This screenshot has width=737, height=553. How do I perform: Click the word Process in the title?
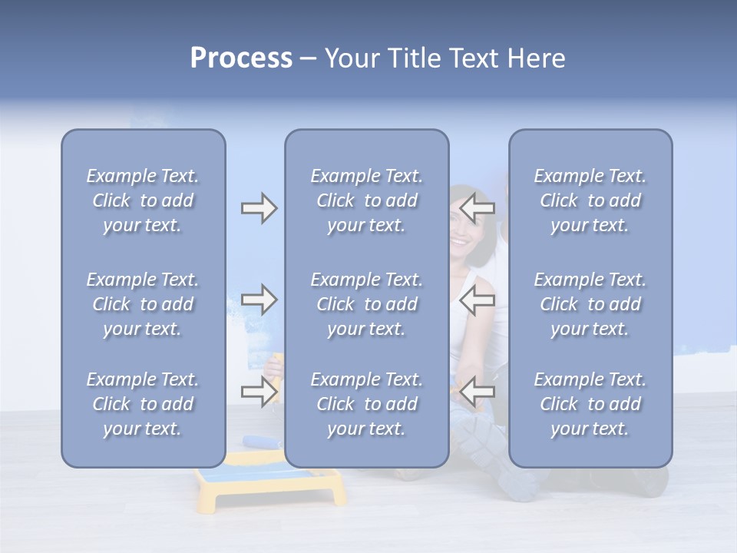[241, 58]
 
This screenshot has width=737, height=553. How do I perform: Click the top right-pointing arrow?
[259, 208]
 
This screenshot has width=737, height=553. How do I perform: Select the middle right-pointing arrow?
[259, 300]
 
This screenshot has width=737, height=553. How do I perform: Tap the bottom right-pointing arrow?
[259, 392]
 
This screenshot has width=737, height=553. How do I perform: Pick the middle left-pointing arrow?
[478, 300]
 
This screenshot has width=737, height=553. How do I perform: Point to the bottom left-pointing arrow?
[478, 392]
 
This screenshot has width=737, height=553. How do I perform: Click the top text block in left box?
[143, 200]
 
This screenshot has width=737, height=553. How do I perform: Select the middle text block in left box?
[143, 304]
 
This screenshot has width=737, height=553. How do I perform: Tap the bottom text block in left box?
[143, 404]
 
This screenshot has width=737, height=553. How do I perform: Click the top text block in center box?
[367, 200]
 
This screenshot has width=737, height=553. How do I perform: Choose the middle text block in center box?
[367, 304]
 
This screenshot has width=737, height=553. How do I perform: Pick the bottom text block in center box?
[367, 404]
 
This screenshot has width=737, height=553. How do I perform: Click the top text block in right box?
[590, 200]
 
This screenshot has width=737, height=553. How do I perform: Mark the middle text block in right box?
[590, 304]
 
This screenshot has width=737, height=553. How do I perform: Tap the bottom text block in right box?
[590, 404]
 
